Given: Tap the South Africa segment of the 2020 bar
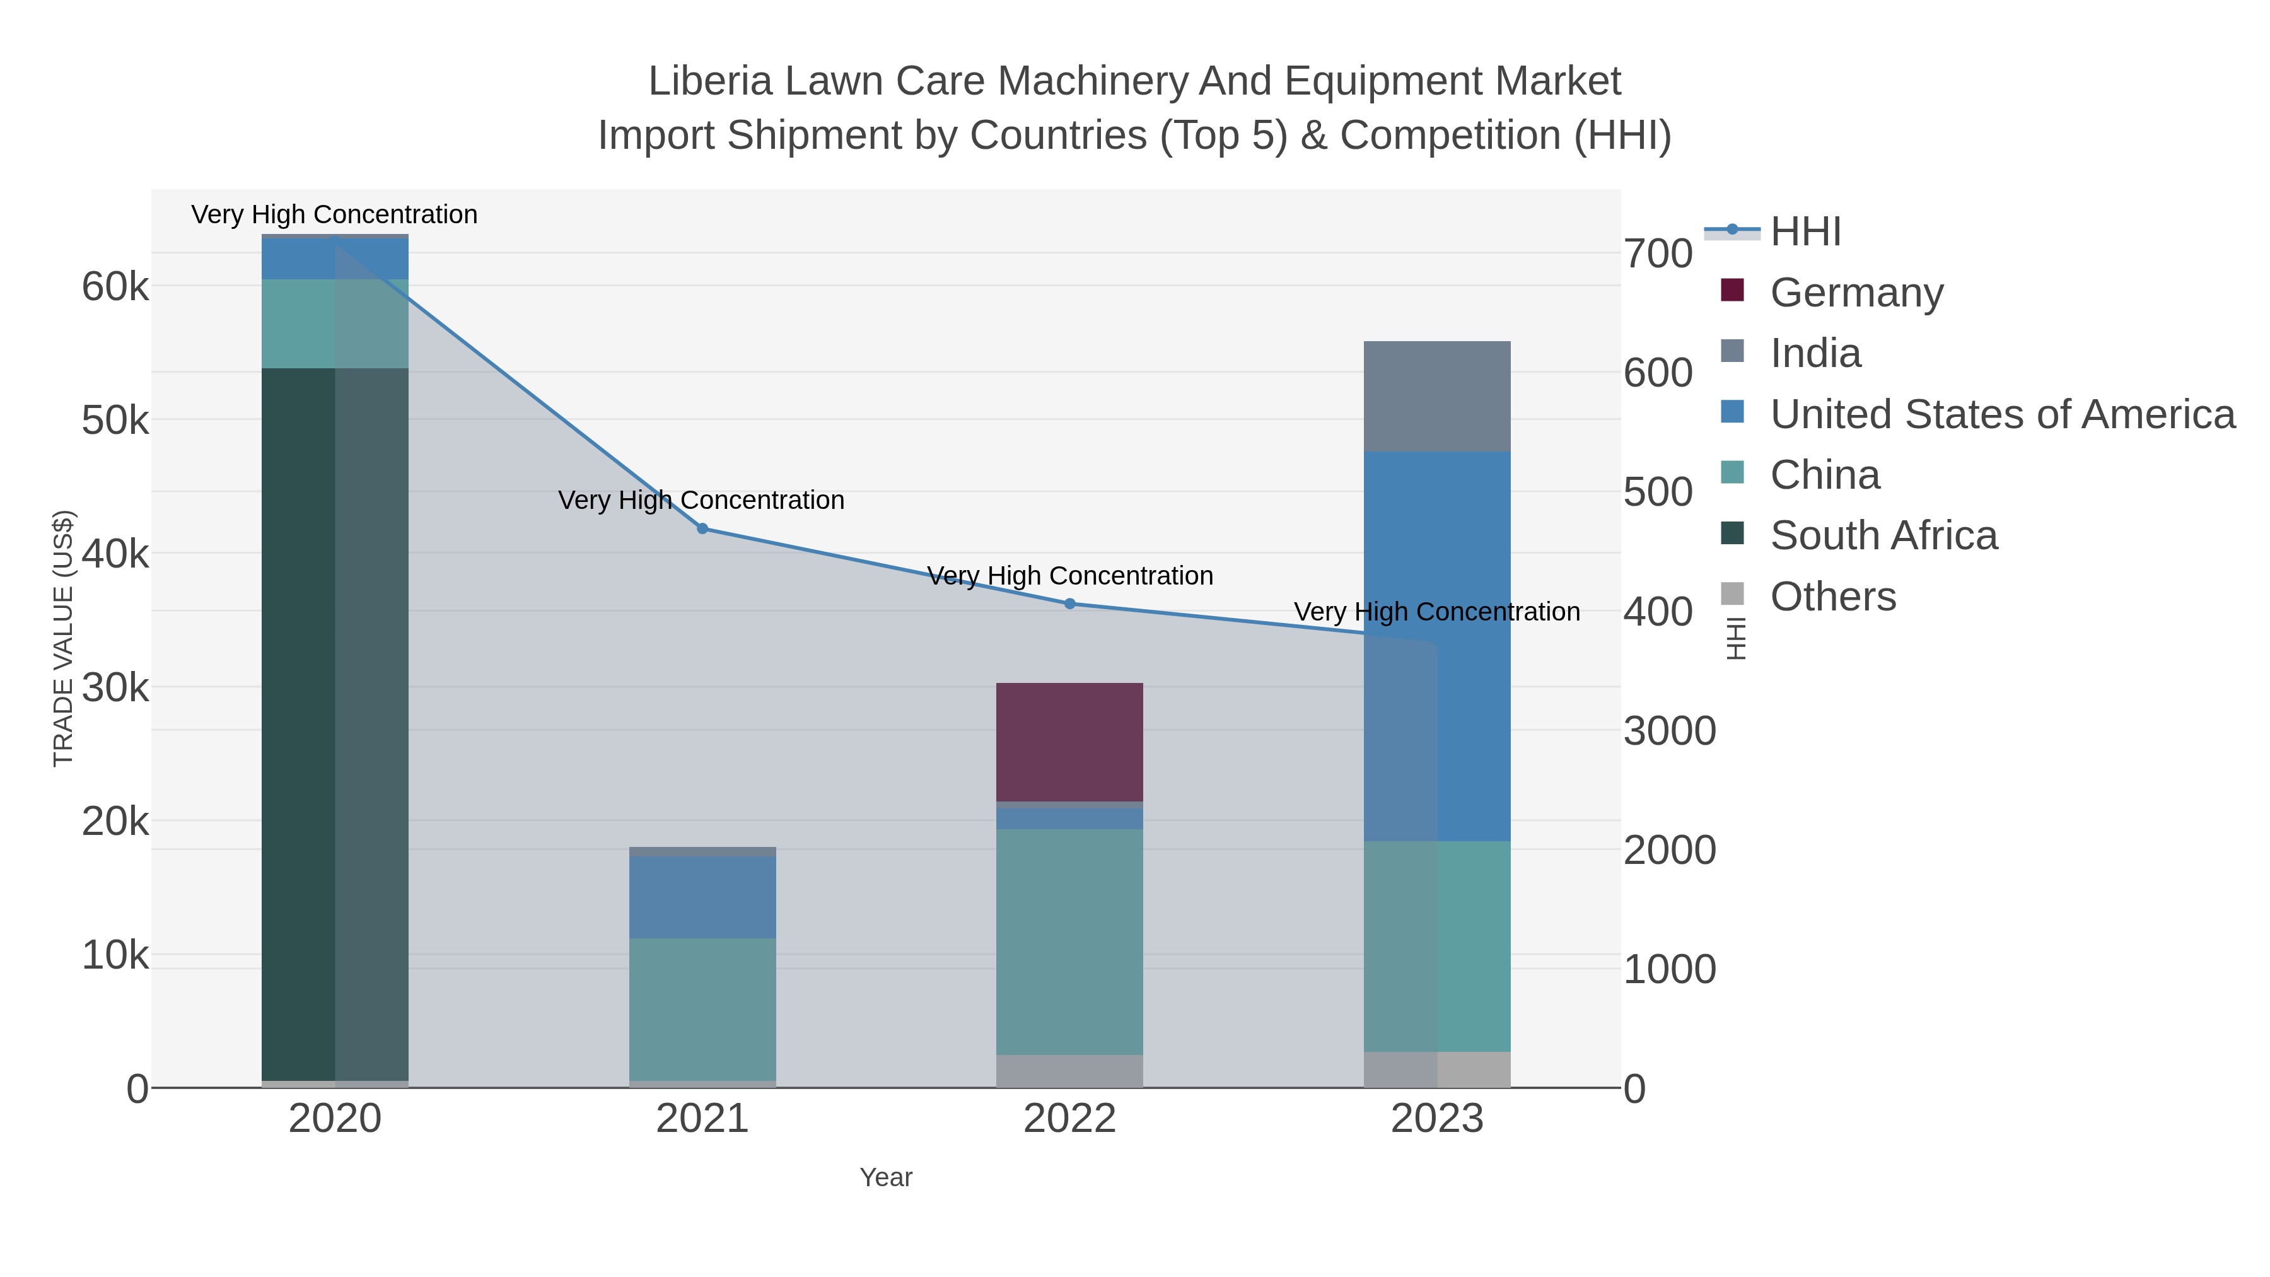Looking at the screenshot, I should pyautogui.click(x=335, y=723).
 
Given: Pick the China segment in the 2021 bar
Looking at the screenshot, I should pyautogui.click(x=702, y=1008).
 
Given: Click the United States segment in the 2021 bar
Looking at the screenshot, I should pyautogui.click(x=702, y=896).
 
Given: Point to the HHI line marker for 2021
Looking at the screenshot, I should pyautogui.click(x=702, y=529).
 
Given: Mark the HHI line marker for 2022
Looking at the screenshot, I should pyautogui.click(x=1070, y=604).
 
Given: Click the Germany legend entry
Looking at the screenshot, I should pyautogui.click(x=1856, y=293).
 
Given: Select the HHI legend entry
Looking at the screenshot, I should pyautogui.click(x=1805, y=232).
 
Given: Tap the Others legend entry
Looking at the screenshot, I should pyautogui.click(x=1832, y=597).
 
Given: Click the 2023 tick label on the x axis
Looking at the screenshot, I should pyautogui.click(x=1436, y=1119).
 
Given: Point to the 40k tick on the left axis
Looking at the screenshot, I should pyautogui.click(x=115, y=554).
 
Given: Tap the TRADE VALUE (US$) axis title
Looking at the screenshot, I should pyautogui.click(x=64, y=638).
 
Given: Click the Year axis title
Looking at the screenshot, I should pyautogui.click(x=886, y=1177).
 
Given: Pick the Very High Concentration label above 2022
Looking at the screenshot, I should pyautogui.click(x=1070, y=576).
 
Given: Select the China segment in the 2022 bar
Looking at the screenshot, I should pyautogui.click(x=1069, y=942).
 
